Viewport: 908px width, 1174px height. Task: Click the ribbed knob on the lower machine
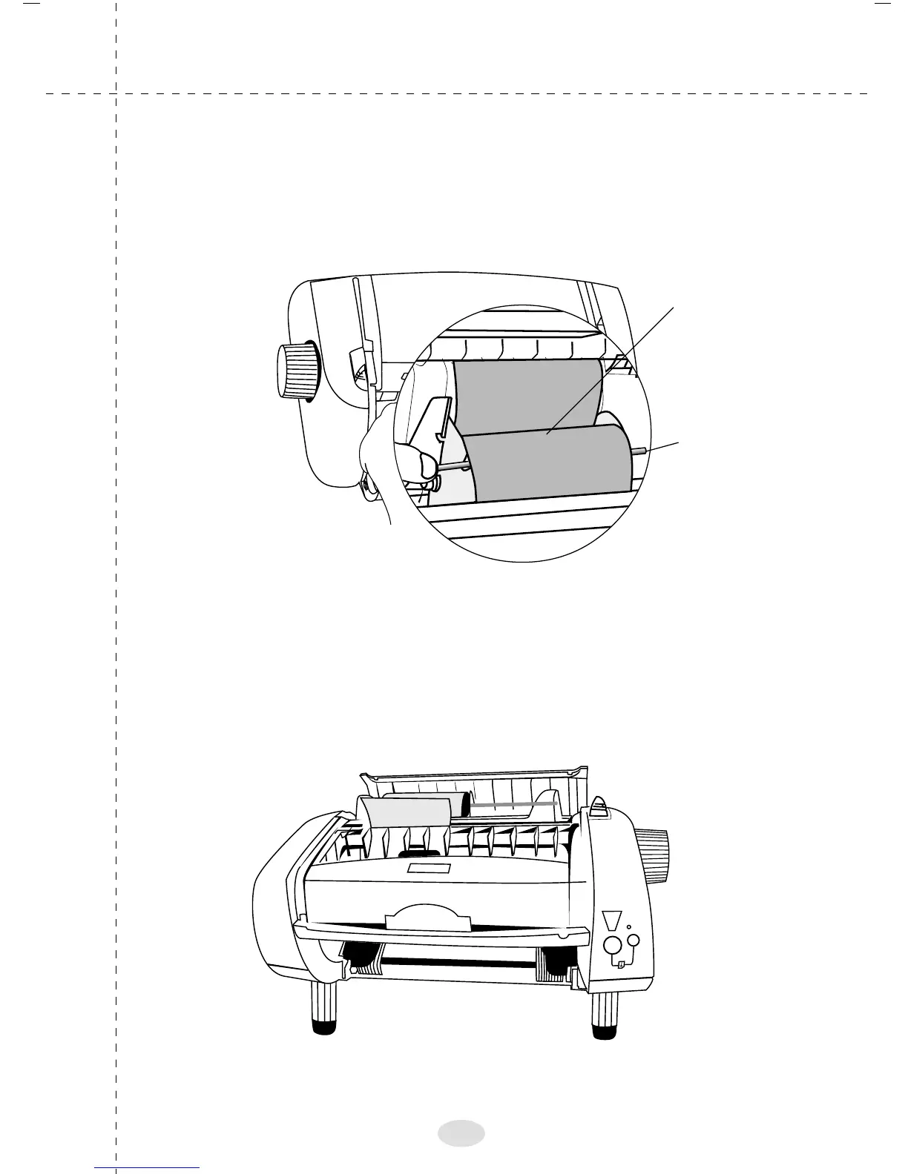(x=651, y=846)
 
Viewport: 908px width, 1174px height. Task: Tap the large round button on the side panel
(x=612, y=946)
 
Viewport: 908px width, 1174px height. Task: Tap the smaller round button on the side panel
(x=634, y=940)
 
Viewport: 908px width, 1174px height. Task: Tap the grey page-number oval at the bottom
(x=461, y=1132)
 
